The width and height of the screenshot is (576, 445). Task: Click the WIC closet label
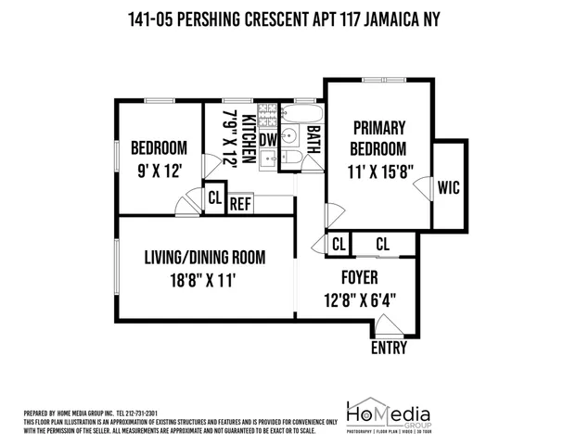click(x=449, y=186)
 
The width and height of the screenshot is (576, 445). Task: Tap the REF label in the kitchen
click(x=241, y=203)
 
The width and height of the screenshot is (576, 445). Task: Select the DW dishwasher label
click(x=267, y=139)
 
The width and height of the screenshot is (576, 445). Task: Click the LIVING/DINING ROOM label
click(x=205, y=257)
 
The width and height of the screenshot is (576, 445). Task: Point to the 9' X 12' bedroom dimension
click(x=160, y=170)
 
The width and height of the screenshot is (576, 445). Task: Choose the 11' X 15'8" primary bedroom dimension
click(x=380, y=172)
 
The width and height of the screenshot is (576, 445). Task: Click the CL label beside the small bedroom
click(x=214, y=197)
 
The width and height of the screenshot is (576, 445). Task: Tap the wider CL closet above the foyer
click(x=382, y=244)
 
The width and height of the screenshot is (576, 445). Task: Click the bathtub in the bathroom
click(x=299, y=118)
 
